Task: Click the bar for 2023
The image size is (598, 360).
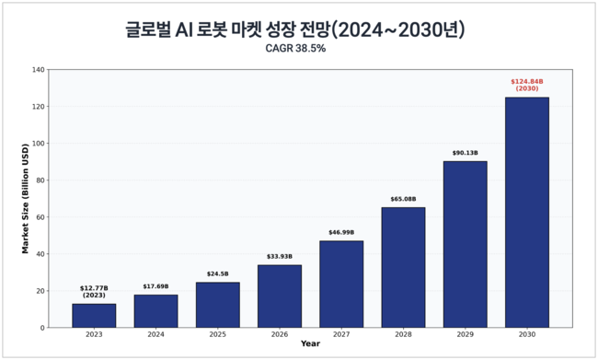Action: click(x=94, y=316)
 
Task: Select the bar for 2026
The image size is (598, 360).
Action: click(x=279, y=296)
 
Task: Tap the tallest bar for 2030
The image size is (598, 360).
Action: click(x=526, y=213)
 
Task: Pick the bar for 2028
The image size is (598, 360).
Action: click(x=403, y=267)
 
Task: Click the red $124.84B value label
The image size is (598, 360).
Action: click(x=526, y=85)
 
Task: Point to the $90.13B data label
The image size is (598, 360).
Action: click(x=465, y=153)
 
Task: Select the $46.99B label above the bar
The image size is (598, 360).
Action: click(x=341, y=233)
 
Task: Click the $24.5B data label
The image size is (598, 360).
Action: click(x=217, y=274)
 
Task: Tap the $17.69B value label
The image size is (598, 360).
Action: click(x=155, y=286)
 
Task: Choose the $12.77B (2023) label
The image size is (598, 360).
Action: click(x=94, y=291)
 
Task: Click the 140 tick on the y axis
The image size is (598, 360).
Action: click(x=39, y=70)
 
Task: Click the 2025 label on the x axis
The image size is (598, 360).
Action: click(x=217, y=335)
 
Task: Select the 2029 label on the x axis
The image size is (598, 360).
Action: click(x=465, y=335)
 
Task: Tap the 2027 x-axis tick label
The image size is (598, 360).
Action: click(x=341, y=335)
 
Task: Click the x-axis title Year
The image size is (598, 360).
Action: click(x=310, y=344)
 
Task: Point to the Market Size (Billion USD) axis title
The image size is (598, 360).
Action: click(x=26, y=199)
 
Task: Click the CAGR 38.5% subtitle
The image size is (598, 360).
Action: click(x=295, y=48)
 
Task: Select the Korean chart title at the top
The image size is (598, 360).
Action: click(x=295, y=29)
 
